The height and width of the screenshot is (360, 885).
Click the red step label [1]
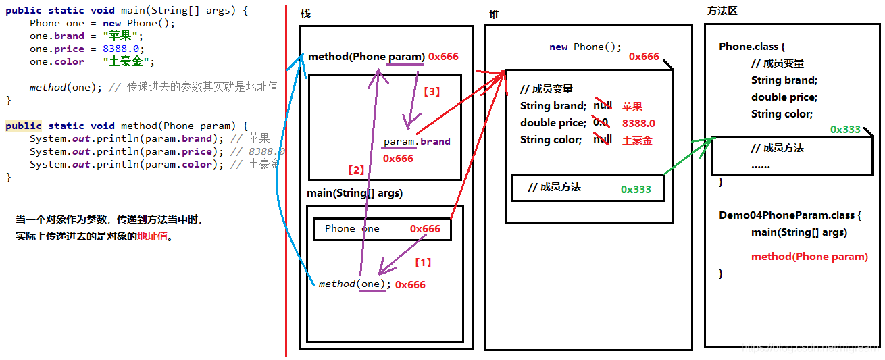coord(422,262)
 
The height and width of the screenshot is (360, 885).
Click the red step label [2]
coord(355,170)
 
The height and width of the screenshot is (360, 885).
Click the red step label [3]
coord(431,91)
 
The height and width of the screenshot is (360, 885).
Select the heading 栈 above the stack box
coord(305,14)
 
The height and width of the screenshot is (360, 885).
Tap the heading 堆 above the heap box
coord(494,14)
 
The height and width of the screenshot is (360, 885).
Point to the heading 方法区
coord(722,11)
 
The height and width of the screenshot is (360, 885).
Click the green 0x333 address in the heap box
coord(636,189)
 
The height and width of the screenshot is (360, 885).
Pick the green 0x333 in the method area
coord(845,129)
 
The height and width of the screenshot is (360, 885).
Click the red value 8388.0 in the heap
coord(638,124)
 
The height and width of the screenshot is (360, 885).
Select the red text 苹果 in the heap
coord(632,106)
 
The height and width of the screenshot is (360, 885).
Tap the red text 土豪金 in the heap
coord(637,140)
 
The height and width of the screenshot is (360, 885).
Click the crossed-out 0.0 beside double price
coord(600,122)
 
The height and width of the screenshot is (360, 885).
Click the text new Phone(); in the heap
coord(585,47)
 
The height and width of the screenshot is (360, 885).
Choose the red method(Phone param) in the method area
coord(809,257)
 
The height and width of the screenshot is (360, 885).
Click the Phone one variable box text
coord(352,228)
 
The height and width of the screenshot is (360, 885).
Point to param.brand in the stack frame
coord(416,142)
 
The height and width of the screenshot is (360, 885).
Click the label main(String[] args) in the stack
coord(355,193)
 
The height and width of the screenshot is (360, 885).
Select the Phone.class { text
coord(752,47)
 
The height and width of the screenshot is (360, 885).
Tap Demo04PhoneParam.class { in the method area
coord(790,215)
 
